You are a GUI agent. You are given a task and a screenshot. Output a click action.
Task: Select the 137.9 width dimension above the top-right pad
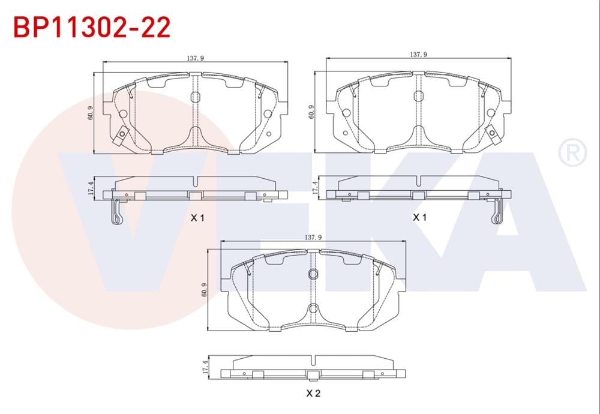(418, 55)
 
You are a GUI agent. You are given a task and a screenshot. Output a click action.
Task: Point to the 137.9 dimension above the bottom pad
(314, 238)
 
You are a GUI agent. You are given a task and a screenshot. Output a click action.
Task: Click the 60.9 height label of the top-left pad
(90, 112)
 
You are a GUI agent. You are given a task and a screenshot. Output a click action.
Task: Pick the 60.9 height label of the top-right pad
(311, 112)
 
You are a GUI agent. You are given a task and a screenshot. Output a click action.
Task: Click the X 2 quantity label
(313, 394)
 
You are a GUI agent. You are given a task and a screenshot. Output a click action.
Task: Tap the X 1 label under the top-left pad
(197, 218)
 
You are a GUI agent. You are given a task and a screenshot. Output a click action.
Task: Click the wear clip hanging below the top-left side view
(117, 213)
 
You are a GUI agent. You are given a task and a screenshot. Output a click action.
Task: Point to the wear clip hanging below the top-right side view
(496, 212)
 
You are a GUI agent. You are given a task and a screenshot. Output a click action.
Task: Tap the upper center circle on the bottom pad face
(313, 275)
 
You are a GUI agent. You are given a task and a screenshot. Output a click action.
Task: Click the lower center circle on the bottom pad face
(313, 309)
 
